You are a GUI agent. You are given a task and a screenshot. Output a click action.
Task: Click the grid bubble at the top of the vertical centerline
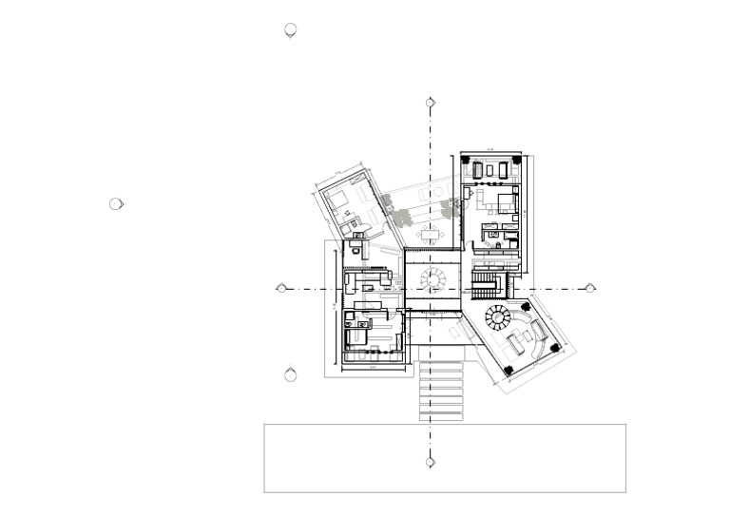[x=431, y=103]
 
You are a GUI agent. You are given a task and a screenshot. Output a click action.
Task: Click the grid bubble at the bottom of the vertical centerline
[x=431, y=462]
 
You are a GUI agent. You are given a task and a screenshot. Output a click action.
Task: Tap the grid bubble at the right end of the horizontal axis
[x=590, y=288]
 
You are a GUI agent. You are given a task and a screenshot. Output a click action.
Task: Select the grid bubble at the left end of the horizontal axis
[x=281, y=288]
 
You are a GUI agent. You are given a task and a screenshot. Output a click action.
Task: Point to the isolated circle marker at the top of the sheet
[x=291, y=30]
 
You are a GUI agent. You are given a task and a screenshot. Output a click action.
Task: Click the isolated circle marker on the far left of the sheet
[x=116, y=203]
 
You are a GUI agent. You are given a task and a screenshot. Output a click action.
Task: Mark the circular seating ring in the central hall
[x=433, y=278]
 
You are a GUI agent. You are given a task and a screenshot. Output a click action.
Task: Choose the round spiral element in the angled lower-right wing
[x=496, y=315]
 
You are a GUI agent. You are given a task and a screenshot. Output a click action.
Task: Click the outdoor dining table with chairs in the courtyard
[x=431, y=233]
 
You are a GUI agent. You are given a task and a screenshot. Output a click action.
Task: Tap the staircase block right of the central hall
[x=485, y=286]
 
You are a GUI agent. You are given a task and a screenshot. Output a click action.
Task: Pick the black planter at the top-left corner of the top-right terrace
[x=466, y=161]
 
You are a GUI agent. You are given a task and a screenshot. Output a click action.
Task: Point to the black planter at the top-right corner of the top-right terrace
[x=516, y=161]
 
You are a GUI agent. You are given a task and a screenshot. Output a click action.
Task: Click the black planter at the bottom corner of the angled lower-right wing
[x=509, y=370]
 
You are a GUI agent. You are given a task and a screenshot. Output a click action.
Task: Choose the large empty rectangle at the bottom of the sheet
[x=444, y=458]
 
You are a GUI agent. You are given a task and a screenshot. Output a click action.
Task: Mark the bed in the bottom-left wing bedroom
[x=355, y=335]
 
